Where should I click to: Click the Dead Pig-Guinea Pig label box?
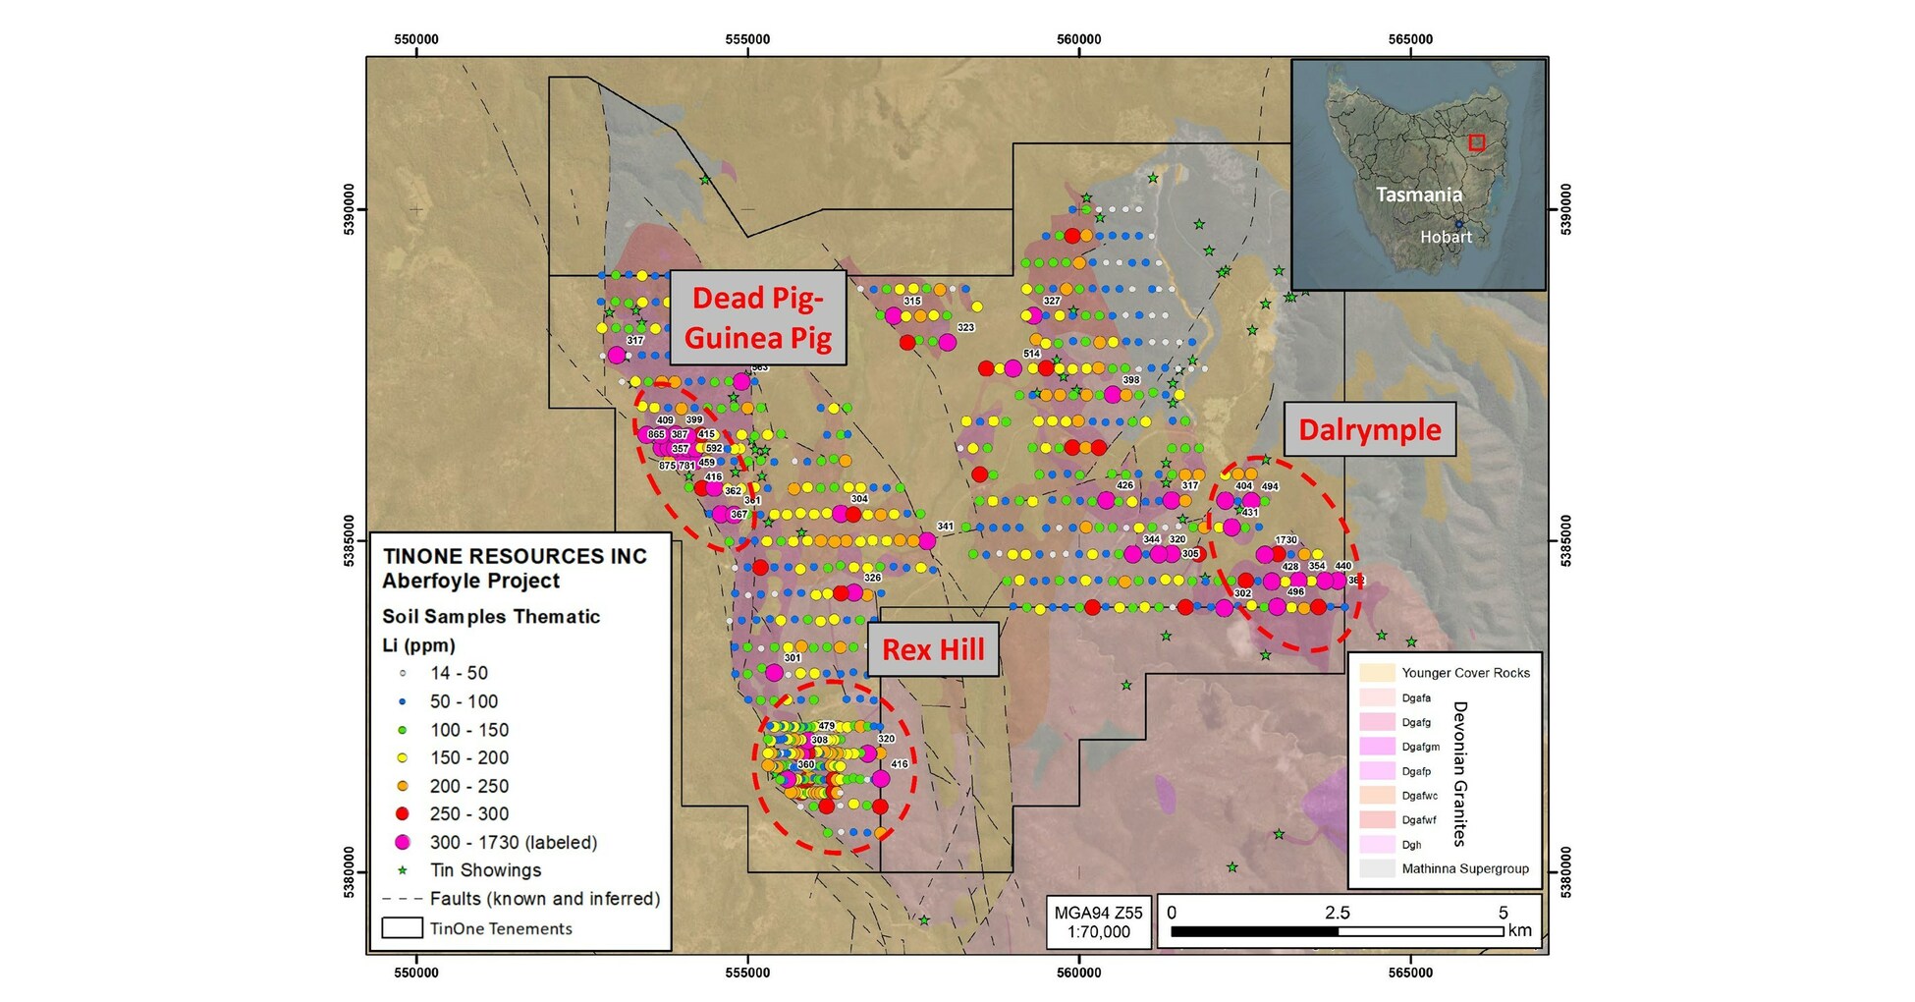(757, 317)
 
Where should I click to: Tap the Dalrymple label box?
(1369, 429)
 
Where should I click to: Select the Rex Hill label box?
(932, 649)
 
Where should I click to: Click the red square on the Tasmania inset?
(1476, 142)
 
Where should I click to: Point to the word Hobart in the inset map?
(1446, 237)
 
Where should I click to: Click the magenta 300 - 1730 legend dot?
(403, 842)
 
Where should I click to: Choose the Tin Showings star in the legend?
(403, 870)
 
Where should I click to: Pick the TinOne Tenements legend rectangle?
(402, 928)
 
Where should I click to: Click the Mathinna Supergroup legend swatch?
(1377, 868)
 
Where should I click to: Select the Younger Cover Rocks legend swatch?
(1377, 673)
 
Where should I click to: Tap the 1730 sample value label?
(1286, 539)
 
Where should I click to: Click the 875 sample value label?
(667, 466)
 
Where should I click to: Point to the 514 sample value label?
(1031, 354)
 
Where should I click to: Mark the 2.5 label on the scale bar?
(1337, 913)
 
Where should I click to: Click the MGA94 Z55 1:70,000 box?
(1098, 921)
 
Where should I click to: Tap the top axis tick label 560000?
(1078, 39)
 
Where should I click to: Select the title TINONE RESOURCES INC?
(515, 556)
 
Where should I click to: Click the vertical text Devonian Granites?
(1459, 773)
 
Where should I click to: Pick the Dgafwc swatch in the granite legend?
(1377, 795)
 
